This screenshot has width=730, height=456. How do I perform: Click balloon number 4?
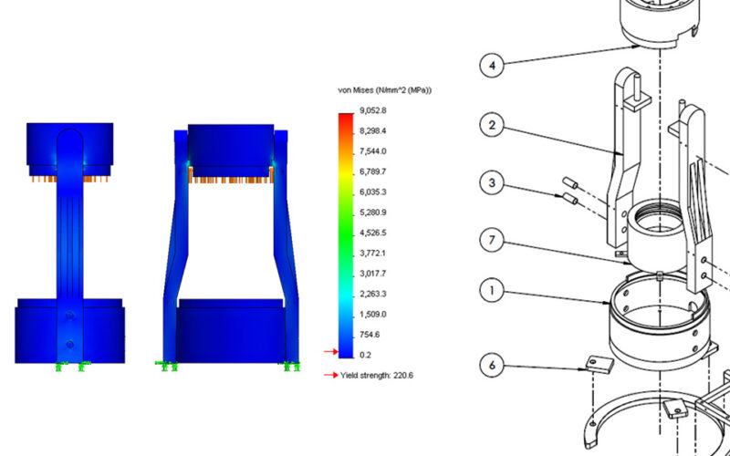pos(493,65)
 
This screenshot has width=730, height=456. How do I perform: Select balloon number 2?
pos(493,125)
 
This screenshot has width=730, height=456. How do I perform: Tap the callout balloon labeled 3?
pos(493,185)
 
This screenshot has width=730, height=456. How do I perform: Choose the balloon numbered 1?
pos(493,292)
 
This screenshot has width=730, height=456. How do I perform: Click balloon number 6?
pos(493,366)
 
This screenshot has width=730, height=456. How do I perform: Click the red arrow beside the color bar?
pos(330,351)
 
